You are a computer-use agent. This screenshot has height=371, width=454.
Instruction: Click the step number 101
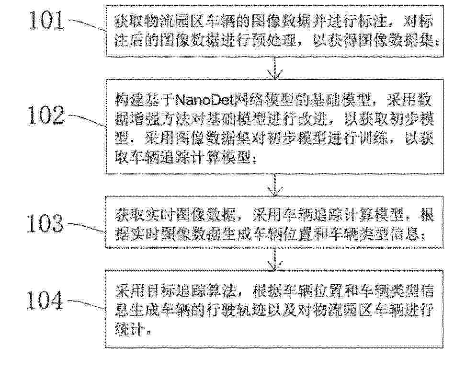point(46,20)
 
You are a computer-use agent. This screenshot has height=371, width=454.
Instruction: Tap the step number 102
point(45,116)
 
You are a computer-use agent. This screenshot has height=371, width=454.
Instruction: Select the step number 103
point(45,223)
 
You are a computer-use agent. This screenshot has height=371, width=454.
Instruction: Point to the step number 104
point(45,300)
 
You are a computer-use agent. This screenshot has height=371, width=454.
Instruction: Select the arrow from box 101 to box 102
point(275,68)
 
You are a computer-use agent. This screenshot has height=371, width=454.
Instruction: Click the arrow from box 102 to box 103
point(275,185)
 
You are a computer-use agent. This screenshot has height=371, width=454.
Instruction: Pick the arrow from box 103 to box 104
point(275,259)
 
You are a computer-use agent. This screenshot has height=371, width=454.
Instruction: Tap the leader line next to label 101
point(87,24)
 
